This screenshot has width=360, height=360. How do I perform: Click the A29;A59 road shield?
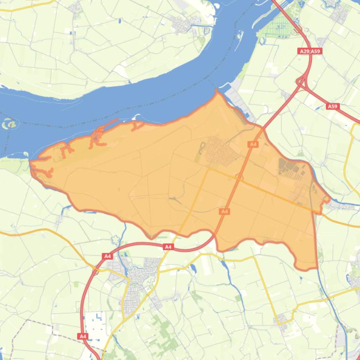(x=310, y=51)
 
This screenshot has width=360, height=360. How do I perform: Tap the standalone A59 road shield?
(x=332, y=107)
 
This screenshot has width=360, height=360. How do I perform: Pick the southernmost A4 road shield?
(x=83, y=336)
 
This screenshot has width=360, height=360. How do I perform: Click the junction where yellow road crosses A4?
(x=239, y=177)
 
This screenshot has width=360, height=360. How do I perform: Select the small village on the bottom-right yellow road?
(x=282, y=319)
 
